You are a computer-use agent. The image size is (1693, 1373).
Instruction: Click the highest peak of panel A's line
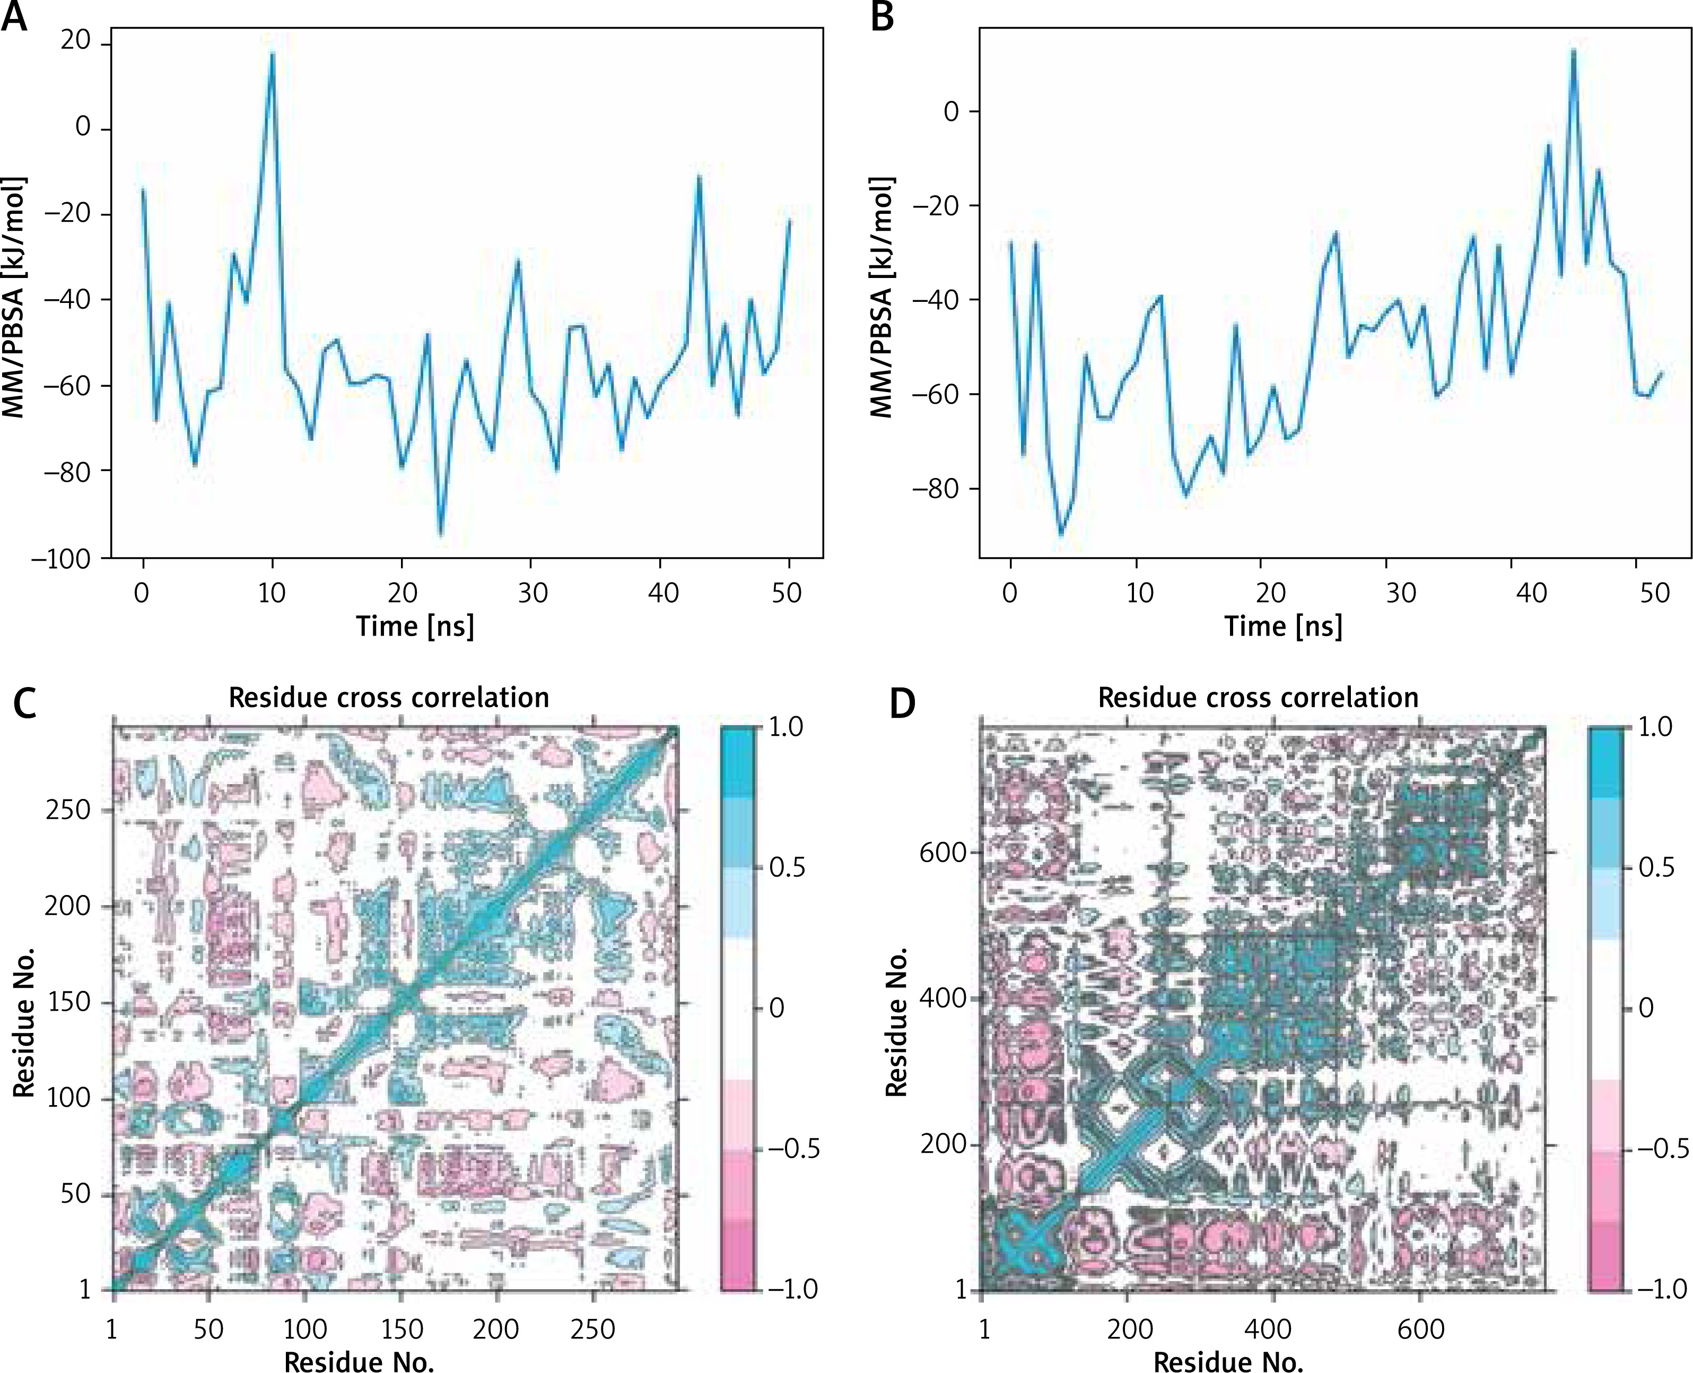[x=272, y=54]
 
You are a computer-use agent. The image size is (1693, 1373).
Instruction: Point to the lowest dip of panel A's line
[x=440, y=535]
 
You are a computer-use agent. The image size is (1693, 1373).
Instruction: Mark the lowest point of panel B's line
[x=1061, y=535]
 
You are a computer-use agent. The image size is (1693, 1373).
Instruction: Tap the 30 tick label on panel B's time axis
[x=1400, y=593]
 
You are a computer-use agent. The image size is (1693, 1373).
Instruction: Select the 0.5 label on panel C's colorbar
[x=788, y=867]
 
